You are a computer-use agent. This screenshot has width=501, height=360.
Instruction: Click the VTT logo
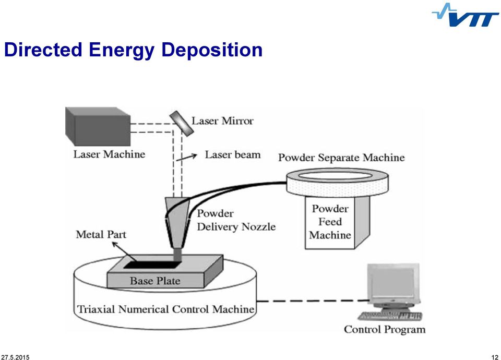coord(465,15)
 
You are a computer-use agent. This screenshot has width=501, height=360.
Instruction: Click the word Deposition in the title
coord(212,50)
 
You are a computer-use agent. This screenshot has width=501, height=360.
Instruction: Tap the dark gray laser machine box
coord(98,126)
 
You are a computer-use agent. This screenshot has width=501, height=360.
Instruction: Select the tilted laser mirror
coord(182,123)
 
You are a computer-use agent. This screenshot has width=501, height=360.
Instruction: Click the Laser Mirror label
coord(222,121)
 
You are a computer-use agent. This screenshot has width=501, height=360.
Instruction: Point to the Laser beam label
coord(233,154)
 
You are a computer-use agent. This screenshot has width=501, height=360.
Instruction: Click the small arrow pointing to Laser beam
coord(187,157)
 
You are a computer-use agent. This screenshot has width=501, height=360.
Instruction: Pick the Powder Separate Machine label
coord(341,158)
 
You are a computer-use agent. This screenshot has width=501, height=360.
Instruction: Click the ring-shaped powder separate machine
coord(337,183)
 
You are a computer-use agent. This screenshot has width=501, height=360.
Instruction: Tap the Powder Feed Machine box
coord(337,222)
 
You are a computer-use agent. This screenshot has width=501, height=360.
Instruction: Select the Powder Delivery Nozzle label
coord(236,220)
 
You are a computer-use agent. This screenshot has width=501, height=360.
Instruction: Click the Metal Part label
coord(101,234)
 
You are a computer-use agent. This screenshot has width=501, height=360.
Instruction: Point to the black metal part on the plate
coord(152,265)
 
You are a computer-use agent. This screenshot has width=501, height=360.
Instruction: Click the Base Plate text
coord(155,281)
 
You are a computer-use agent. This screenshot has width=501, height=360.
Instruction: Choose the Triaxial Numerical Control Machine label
coord(165,309)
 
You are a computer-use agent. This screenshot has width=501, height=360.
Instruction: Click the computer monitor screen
coord(392,282)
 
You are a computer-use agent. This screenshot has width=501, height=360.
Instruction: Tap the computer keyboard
coord(390,316)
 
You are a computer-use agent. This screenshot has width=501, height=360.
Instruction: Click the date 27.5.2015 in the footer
coord(15,357)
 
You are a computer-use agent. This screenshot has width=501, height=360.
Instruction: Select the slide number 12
coord(495,357)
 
